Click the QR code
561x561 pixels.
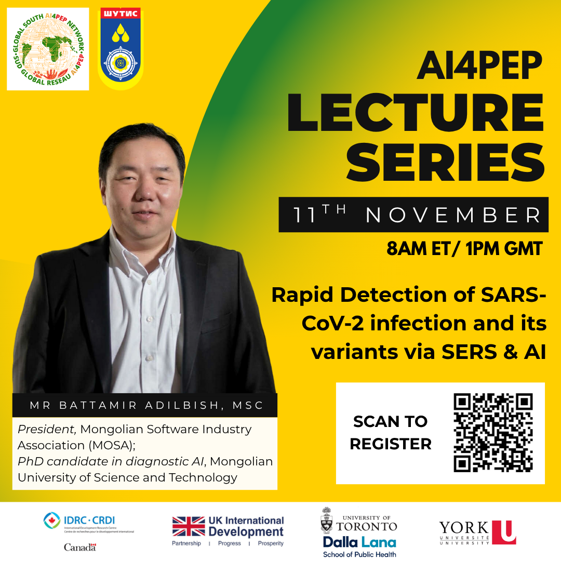click(492, 433)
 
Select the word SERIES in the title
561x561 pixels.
click(446, 161)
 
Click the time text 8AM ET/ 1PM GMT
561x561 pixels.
click(464, 249)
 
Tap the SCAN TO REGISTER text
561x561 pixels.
click(391, 433)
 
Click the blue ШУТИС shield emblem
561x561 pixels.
click(121, 49)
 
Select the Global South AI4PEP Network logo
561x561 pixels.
click(48, 49)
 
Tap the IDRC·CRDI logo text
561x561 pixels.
click(94, 520)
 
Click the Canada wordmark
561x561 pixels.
click(79, 547)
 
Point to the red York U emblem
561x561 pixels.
click(503, 532)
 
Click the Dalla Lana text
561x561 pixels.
click(359, 542)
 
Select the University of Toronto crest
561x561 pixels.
click(327, 522)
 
